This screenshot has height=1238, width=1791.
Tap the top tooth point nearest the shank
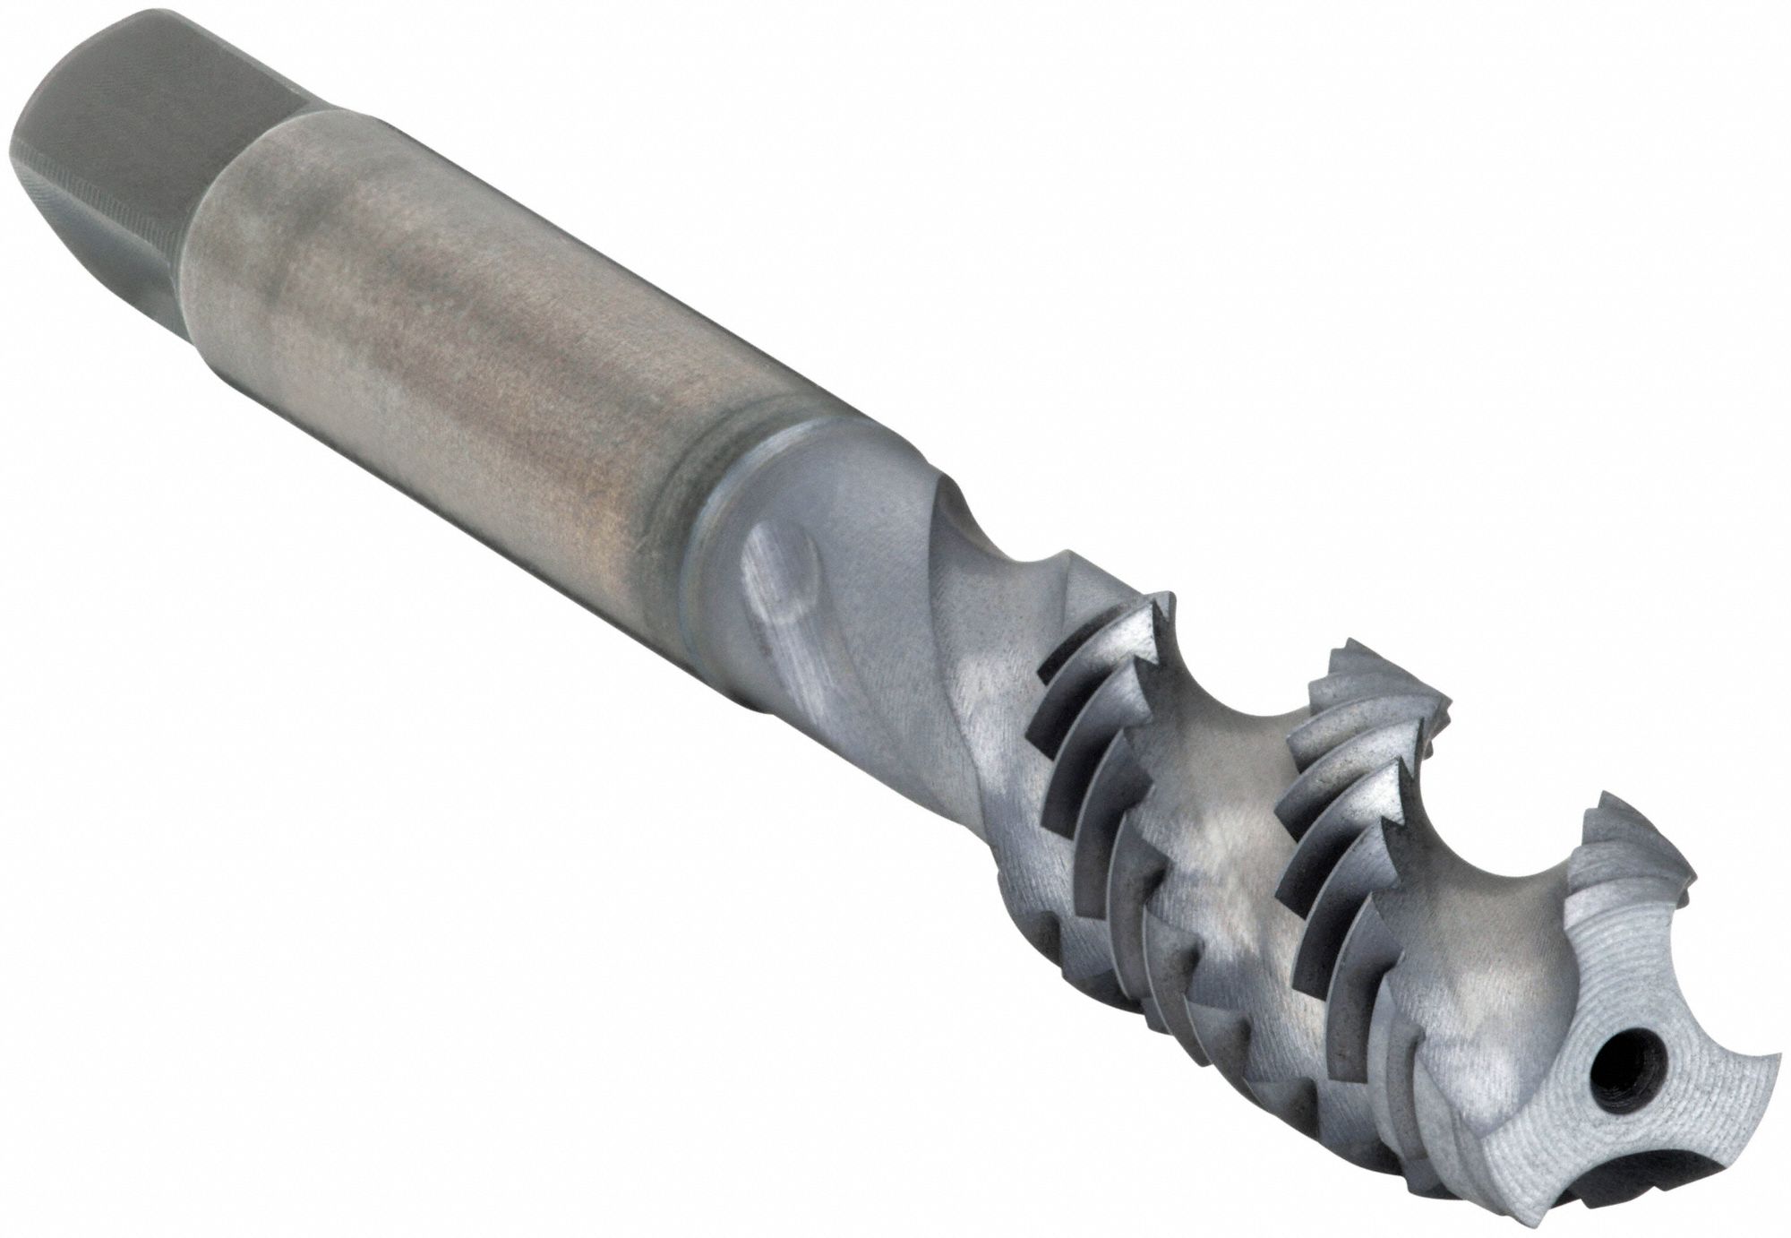click(x=1164, y=598)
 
